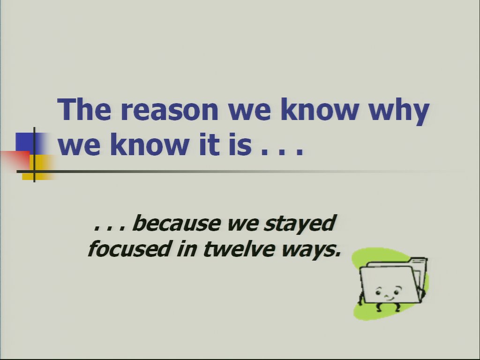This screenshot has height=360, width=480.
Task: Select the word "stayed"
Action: tap(300, 224)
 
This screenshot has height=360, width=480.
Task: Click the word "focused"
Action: tap(128, 248)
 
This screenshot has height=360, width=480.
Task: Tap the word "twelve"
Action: tap(239, 248)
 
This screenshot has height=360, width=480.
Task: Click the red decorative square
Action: tap(15, 160)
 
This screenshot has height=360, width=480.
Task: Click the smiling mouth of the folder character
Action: tap(389, 298)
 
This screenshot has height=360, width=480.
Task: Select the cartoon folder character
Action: tap(392, 285)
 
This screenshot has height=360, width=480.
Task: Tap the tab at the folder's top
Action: tap(418, 261)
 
